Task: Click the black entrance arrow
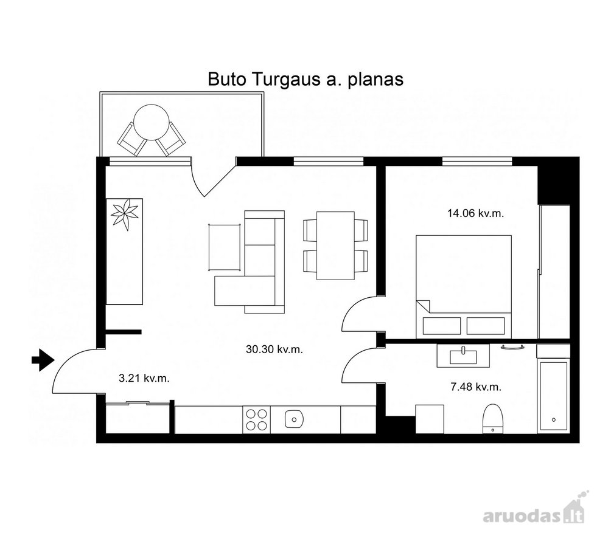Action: coord(43,360)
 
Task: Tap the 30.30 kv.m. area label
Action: coord(274,349)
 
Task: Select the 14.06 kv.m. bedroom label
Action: coord(475,213)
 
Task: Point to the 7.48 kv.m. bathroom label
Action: coord(476,387)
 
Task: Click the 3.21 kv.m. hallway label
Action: coord(144,378)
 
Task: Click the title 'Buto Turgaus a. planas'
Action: coord(305,79)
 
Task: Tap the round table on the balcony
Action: coord(151,122)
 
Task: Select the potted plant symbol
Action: coord(125,215)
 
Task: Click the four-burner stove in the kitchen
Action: coord(257,419)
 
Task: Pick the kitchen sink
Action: coord(294,419)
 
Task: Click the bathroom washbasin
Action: coord(463,356)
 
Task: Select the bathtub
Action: coord(554,396)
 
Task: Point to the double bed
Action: coord(464,286)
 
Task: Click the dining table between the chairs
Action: coord(335,246)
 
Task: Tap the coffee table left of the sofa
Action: coord(224,247)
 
